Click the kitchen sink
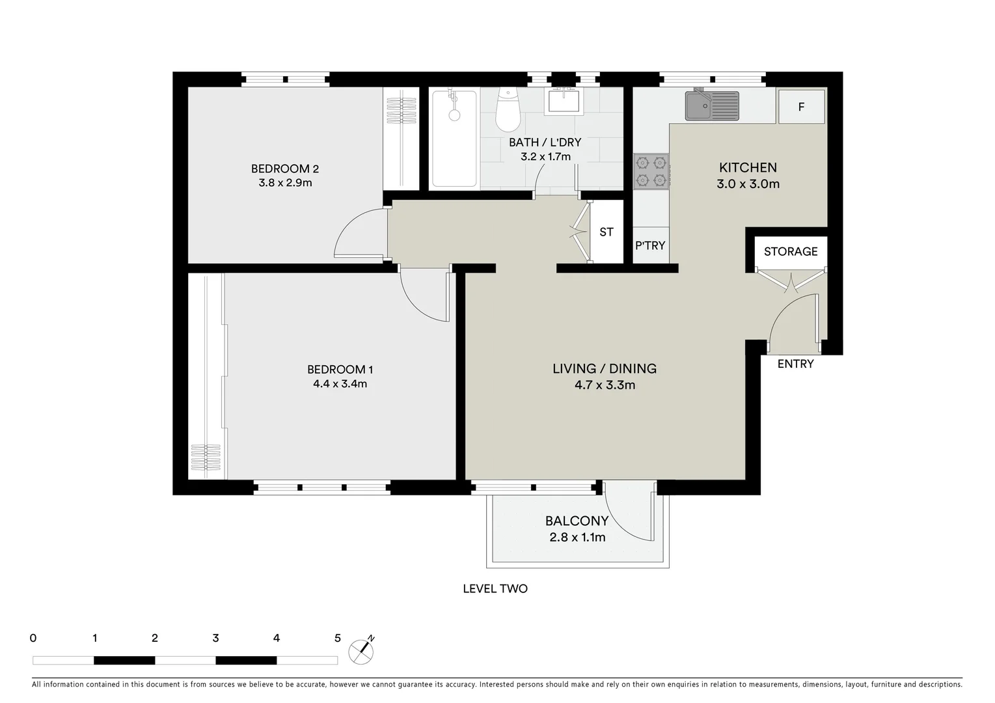coord(711,105)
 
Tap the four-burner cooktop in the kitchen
coord(651,171)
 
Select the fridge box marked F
coord(801,107)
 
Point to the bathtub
coord(454,138)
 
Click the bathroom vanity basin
coord(563,101)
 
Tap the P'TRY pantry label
coord(650,245)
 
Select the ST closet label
coord(606,232)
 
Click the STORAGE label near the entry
coord(790,251)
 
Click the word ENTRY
coord(795,364)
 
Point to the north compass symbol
coord(361,651)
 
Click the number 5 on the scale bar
coord(337,638)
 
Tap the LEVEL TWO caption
coord(495,588)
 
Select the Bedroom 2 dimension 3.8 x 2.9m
coord(285,183)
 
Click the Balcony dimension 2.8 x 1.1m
coord(577,537)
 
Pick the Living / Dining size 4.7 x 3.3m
coord(605,385)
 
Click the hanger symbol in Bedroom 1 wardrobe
coord(206,457)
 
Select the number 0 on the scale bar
coord(33,638)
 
